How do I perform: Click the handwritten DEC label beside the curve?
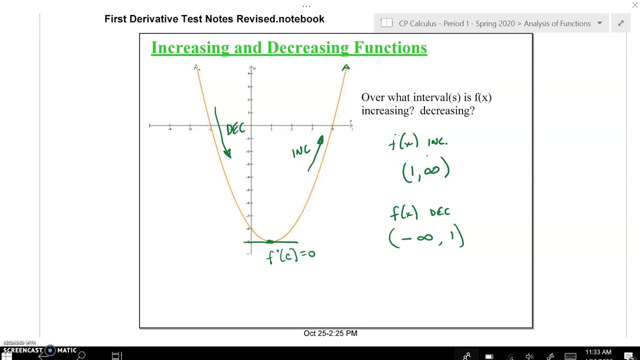click(x=235, y=129)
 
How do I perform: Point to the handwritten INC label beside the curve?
click(x=301, y=150)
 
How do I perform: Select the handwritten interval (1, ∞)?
click(x=426, y=170)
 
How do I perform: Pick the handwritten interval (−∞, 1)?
click(x=426, y=237)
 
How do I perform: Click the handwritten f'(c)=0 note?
click(x=290, y=255)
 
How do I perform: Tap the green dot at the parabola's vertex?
click(x=270, y=242)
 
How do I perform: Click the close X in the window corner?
click(x=635, y=5)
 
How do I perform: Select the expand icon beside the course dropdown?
click(x=621, y=23)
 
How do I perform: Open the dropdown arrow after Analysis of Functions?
click(x=599, y=23)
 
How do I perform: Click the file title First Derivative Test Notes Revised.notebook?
click(x=214, y=19)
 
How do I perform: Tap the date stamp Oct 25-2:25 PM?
click(x=330, y=333)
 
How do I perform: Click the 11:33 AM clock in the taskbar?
click(x=598, y=352)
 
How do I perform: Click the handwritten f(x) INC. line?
click(x=418, y=142)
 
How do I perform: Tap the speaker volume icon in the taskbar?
click(x=529, y=356)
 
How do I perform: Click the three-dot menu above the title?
click(x=306, y=6)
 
